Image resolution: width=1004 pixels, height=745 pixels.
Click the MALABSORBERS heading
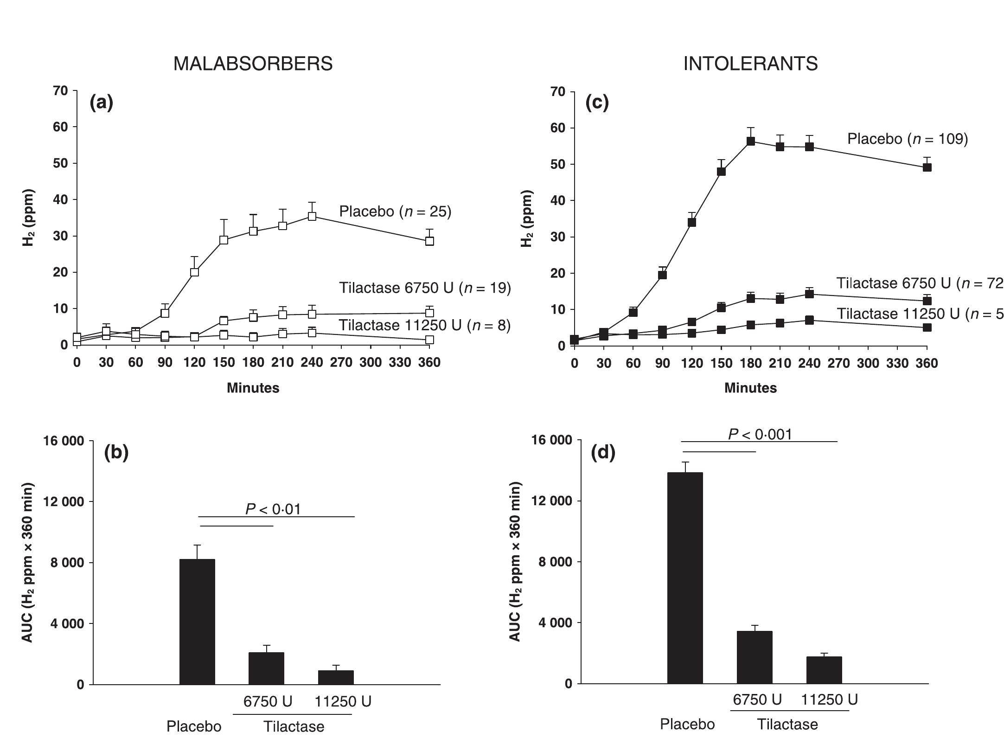point(253,64)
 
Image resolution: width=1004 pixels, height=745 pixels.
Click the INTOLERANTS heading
point(750,64)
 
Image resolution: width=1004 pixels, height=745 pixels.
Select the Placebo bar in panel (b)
point(197,622)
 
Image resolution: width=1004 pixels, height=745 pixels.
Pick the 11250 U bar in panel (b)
point(336,677)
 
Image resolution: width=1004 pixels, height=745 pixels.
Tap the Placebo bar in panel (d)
point(685,578)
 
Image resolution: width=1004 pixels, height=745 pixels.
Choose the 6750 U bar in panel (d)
point(755,657)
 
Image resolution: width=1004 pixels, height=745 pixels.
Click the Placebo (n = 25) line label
point(395,212)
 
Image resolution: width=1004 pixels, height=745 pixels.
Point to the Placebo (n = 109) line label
point(907,139)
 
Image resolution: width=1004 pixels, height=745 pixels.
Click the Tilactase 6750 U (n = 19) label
point(424,288)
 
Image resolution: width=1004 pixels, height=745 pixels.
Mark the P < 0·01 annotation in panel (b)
point(273,509)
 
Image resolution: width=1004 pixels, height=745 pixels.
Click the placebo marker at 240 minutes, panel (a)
point(312,216)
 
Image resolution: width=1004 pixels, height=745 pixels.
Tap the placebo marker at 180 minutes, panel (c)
point(750,141)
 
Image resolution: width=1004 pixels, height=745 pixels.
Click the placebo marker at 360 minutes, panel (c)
point(927,167)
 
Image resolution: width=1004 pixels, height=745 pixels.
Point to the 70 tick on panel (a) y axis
point(61,90)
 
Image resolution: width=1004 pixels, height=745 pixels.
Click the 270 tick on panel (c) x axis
point(838,363)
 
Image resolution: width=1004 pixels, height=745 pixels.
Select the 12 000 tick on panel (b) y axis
point(64,501)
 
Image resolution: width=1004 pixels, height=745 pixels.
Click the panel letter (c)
point(597,103)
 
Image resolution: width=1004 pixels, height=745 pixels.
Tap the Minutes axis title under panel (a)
point(253,388)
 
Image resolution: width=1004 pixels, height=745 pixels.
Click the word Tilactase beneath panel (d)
point(787,724)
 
